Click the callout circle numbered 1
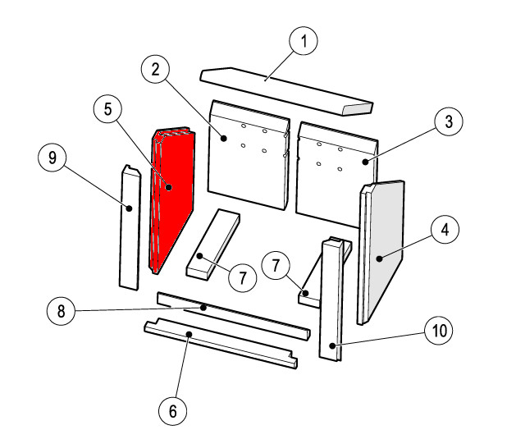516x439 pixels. tap(304, 41)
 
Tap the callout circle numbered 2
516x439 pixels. tap(155, 70)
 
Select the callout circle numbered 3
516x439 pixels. tap(449, 121)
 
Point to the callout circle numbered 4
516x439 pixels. tap(445, 230)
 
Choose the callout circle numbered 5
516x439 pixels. tap(107, 109)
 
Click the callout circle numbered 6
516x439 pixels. tap(173, 411)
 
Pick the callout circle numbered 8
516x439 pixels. tap(62, 311)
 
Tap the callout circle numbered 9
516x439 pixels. tap(53, 158)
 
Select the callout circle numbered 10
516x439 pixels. tap(439, 330)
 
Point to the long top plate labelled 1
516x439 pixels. tap(286, 91)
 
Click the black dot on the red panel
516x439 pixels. tap(169, 187)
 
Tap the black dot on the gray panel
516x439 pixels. tap(380, 258)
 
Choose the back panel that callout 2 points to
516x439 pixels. tap(249, 154)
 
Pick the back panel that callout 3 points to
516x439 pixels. tap(336, 175)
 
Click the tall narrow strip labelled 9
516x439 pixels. tap(130, 228)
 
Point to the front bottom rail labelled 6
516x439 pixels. tap(221, 343)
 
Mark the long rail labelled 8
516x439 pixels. tap(234, 316)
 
